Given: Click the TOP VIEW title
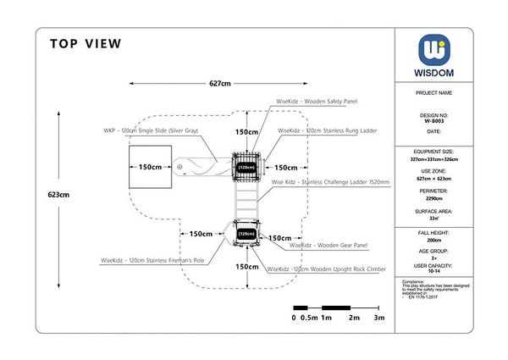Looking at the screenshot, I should [86, 44].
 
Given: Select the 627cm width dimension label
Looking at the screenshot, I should [220, 84].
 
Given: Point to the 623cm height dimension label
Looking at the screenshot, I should [58, 194].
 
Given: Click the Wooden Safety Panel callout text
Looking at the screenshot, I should [317, 102].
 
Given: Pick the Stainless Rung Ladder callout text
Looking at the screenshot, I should [328, 131].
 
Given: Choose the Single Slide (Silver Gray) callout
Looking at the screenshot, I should [151, 131].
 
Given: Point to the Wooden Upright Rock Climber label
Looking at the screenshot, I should [327, 269].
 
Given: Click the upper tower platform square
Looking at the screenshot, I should [246, 168].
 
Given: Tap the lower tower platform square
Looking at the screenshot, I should [246, 233].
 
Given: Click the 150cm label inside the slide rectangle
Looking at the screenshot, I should [151, 167].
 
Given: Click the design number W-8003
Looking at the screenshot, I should [436, 121].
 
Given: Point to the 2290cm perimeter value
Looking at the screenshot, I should [436, 198].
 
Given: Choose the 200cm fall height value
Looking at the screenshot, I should [436, 240].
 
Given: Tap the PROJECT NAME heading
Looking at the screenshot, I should [436, 92].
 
